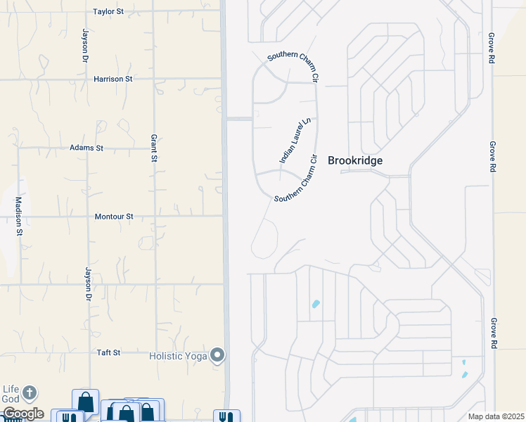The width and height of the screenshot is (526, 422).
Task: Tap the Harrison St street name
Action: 113,79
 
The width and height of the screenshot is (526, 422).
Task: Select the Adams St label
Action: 86,148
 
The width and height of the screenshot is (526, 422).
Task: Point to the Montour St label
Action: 114,217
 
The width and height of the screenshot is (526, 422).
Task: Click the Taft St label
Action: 109,352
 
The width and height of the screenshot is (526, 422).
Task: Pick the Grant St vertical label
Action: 153,148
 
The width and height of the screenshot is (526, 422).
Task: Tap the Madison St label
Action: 20,215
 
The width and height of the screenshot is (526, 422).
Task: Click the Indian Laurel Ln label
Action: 295,141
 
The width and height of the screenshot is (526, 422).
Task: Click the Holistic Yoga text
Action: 179,356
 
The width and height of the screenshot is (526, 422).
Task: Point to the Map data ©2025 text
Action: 496,416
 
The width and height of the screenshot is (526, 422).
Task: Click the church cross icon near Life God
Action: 29,392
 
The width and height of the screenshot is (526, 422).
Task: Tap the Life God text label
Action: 10,395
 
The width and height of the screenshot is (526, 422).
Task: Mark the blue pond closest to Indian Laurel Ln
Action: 315,305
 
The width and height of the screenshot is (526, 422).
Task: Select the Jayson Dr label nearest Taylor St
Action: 84,44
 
